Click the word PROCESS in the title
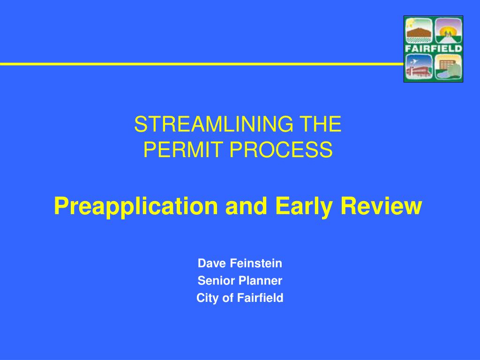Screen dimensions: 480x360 pyautogui.click(x=281, y=150)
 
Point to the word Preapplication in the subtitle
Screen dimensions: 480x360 pyautogui.click(x=136, y=206)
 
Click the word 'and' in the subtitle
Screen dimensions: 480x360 pyautogui.click(x=246, y=206)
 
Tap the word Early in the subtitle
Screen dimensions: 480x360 pyautogui.click(x=304, y=206)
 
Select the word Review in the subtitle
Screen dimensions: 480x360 pyautogui.click(x=382, y=206)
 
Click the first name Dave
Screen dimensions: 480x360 pyautogui.click(x=212, y=263)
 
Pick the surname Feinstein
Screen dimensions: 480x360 pyautogui.click(x=256, y=263)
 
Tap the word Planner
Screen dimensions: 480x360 pyautogui.click(x=261, y=280)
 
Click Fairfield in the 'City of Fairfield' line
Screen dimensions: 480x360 pyautogui.click(x=260, y=298)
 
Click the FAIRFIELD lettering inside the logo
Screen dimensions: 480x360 pyautogui.click(x=433, y=48)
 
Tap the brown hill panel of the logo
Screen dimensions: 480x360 pyautogui.click(x=419, y=30)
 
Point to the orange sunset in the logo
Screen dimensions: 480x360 pyautogui.click(x=448, y=30)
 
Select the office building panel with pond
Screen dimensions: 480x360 pyautogui.click(x=448, y=67)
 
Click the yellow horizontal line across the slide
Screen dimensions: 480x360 pyautogui.click(x=202, y=64)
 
